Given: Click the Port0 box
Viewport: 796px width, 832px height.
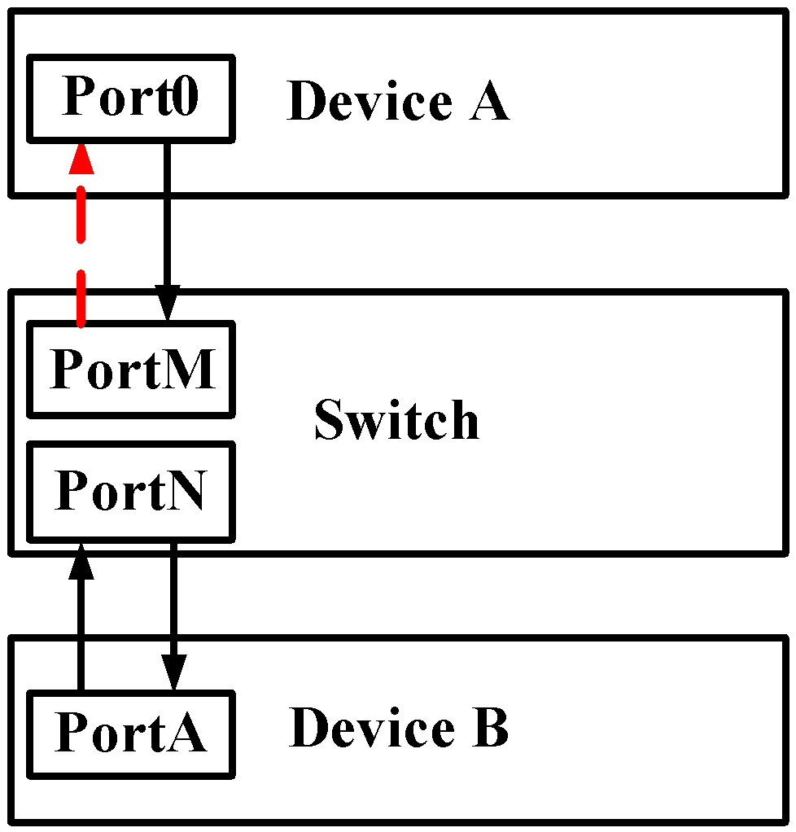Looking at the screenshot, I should pyautogui.click(x=131, y=98).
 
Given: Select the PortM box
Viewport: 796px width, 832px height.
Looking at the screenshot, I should pyautogui.click(x=131, y=369).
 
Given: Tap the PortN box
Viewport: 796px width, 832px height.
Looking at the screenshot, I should pyautogui.click(x=131, y=491).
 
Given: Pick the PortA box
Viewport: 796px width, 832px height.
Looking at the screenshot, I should pyautogui.click(x=131, y=733).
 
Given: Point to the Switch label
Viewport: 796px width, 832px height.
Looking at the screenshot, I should pyautogui.click(x=396, y=420).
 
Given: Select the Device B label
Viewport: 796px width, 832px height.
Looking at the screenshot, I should pyautogui.click(x=398, y=728).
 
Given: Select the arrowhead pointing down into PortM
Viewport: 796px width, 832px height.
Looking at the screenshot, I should pyautogui.click(x=167, y=309).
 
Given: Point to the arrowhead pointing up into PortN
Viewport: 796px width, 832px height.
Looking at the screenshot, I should pyautogui.click(x=81, y=547).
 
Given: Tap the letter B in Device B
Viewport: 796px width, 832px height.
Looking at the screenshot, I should pyautogui.click(x=490, y=728).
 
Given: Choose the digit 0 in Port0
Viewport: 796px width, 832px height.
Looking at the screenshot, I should pyautogui.click(x=184, y=98).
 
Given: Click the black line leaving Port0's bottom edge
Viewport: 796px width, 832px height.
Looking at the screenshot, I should pyautogui.click(x=167, y=167).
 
